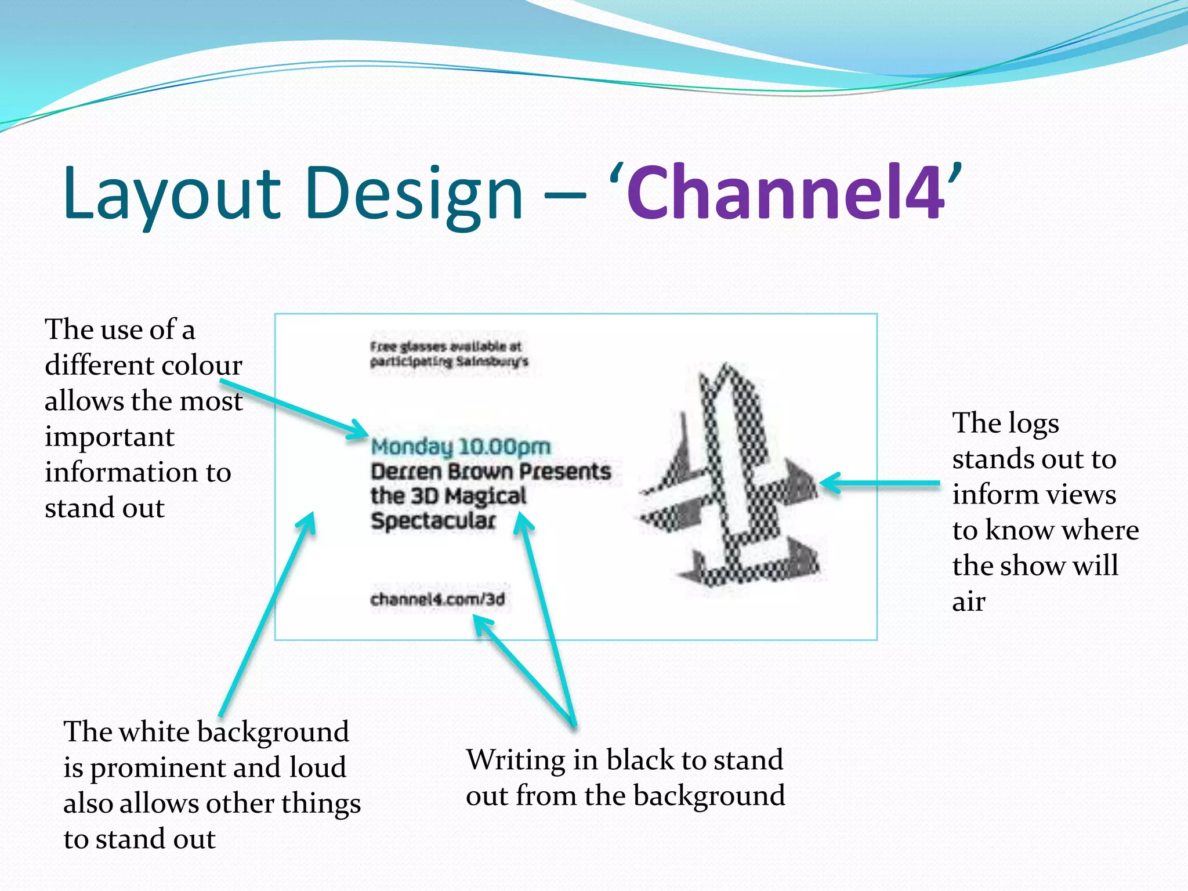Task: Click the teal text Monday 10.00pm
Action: pyautogui.click(x=461, y=447)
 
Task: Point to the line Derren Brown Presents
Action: pyautogui.click(x=491, y=472)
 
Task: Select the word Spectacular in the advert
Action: pyautogui.click(x=433, y=520)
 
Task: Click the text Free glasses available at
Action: pyautogui.click(x=445, y=346)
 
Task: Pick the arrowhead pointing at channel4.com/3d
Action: pyautogui.click(x=482, y=625)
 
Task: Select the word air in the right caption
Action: pyautogui.click(x=968, y=602)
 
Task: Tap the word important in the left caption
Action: pyautogui.click(x=110, y=437)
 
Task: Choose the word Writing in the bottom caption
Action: pyautogui.click(x=516, y=760)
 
